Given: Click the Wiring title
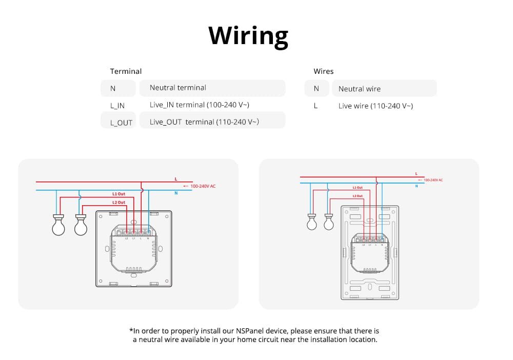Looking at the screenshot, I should click(x=248, y=35).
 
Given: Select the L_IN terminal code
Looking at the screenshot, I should click(x=117, y=106).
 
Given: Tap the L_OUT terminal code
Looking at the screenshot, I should click(x=121, y=123).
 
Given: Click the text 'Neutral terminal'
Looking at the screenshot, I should click(x=177, y=88).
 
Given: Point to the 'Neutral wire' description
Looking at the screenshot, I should click(x=359, y=89).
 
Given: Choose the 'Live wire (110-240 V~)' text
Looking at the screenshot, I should click(x=376, y=106).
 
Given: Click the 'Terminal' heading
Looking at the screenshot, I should click(x=126, y=71).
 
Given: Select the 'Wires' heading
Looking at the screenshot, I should click(x=323, y=71).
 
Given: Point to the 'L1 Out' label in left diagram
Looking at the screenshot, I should click(x=119, y=194).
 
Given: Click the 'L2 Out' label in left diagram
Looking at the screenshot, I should click(x=119, y=203).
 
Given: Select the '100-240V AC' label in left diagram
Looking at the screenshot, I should click(x=203, y=186).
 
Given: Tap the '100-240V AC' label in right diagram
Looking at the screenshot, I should click(x=433, y=180).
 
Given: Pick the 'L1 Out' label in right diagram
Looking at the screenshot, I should click(x=358, y=188).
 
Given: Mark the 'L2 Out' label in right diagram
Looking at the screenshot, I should click(x=358, y=196).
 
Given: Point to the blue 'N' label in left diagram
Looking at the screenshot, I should click(x=176, y=193).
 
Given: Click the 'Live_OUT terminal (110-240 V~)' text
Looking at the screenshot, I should click(x=204, y=122).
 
